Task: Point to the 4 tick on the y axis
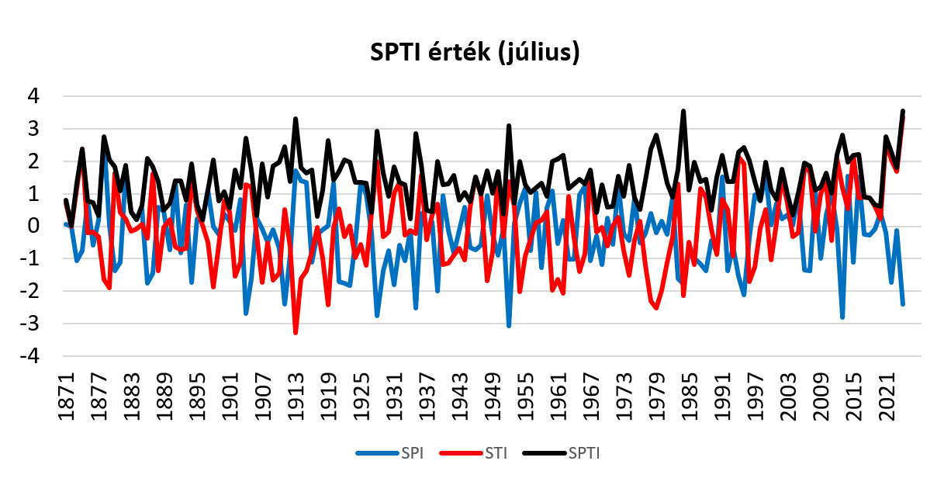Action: [34, 97]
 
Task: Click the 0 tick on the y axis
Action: [34, 227]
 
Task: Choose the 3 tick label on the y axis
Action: [34, 130]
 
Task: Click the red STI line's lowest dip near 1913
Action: [296, 333]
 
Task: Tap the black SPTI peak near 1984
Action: [683, 112]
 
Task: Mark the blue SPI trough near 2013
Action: [842, 317]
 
